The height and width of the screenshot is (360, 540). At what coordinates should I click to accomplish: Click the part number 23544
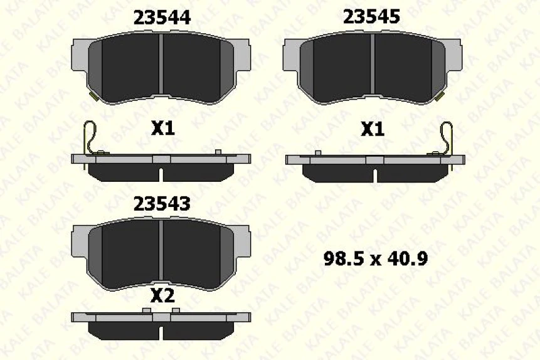coord(162,18)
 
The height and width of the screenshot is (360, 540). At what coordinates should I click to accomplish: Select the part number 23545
coord(371,17)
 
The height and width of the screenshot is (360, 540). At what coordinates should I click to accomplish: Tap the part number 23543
coord(162,204)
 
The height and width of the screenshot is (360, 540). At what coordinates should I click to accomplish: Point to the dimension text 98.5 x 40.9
coord(376,258)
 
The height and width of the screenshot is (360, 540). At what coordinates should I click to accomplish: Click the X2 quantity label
coord(162,296)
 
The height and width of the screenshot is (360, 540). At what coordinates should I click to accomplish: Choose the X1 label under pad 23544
coord(162,129)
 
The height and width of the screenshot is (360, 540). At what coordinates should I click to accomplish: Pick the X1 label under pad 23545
coord(372,129)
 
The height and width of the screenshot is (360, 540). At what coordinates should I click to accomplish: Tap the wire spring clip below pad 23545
coord(447,137)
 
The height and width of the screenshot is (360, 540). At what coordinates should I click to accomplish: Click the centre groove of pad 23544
coord(162,69)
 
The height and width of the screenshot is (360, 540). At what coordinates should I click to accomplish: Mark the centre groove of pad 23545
coord(372,69)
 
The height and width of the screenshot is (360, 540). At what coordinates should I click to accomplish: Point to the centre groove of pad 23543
coord(162,254)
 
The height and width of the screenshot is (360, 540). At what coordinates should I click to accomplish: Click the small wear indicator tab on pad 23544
coord(93,96)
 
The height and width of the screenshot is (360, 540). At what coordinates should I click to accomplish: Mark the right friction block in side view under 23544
coord(199,171)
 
